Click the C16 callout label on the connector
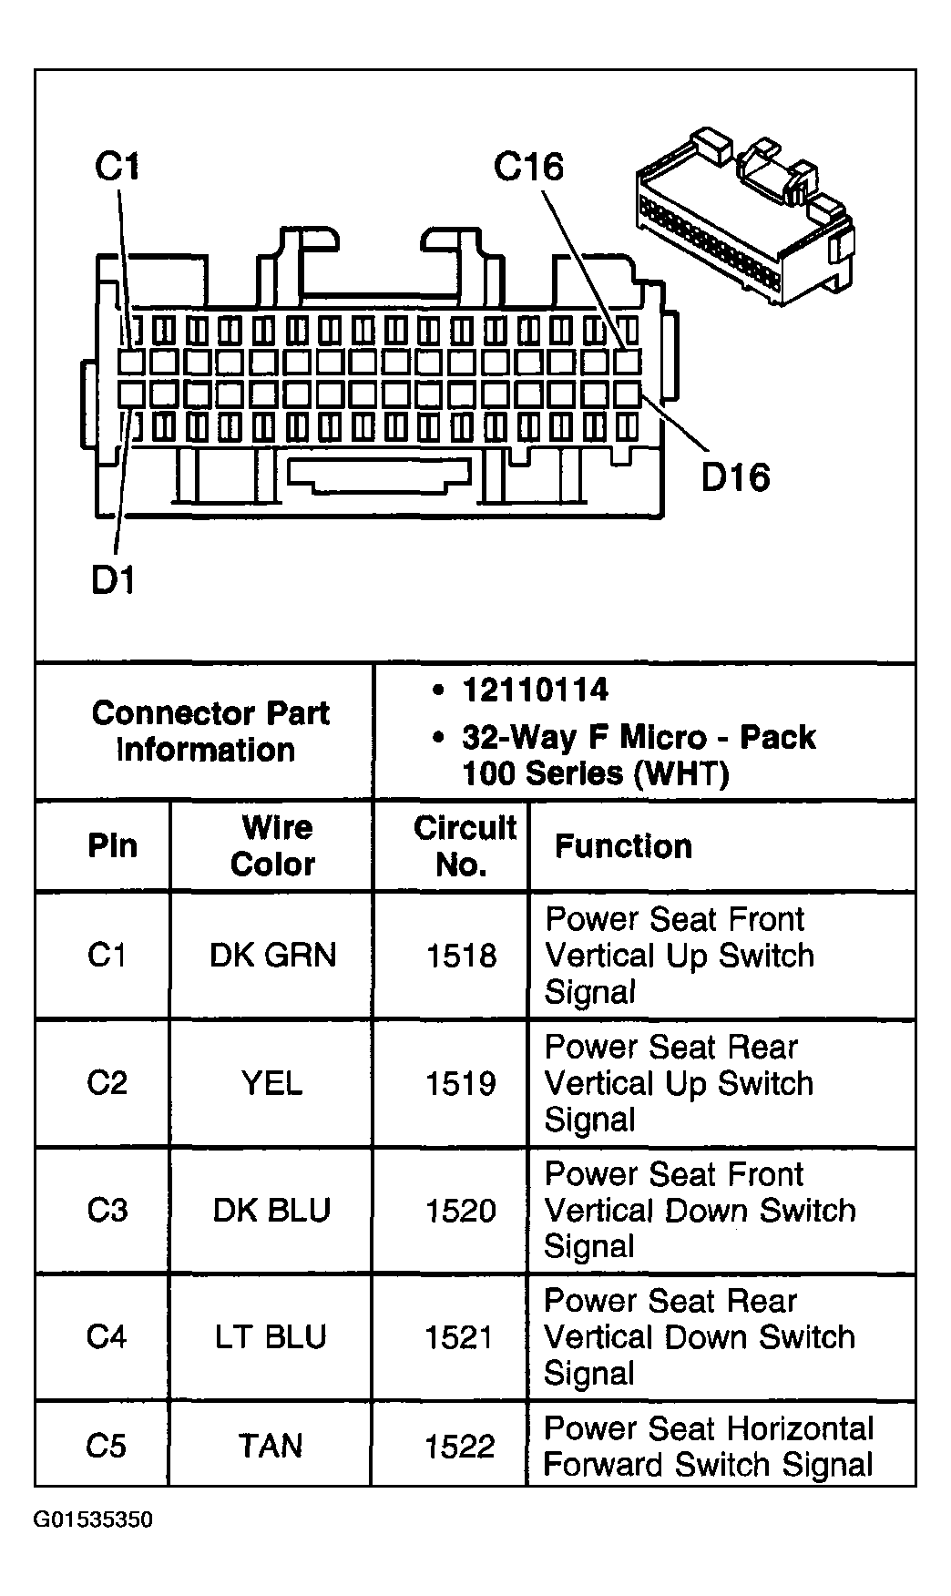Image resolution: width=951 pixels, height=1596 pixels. point(528,167)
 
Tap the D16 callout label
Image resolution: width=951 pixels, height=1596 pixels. point(735,477)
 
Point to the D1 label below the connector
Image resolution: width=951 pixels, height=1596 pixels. point(113,579)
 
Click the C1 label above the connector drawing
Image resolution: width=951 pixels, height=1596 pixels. point(117,167)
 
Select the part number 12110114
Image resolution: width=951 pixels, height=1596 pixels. point(535,690)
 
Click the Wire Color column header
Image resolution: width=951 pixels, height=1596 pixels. point(273,845)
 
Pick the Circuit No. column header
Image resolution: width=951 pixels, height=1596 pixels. point(465,845)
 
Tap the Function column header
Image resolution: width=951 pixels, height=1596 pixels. point(623,846)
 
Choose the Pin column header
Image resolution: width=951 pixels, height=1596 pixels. point(112,845)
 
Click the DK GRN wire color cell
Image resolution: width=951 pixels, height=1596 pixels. point(272,955)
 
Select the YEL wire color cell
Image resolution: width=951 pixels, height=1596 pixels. point(271,1083)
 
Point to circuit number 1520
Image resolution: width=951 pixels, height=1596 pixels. point(461,1211)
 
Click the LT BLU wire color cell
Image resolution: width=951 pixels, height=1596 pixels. point(271,1337)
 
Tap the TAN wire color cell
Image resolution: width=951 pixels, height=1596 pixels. point(271,1446)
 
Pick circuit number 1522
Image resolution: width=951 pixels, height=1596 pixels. point(460,1447)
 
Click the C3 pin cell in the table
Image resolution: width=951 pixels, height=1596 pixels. point(107,1210)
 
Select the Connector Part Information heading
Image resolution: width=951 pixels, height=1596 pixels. point(210,731)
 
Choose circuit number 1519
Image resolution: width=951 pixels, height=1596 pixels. point(461,1084)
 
